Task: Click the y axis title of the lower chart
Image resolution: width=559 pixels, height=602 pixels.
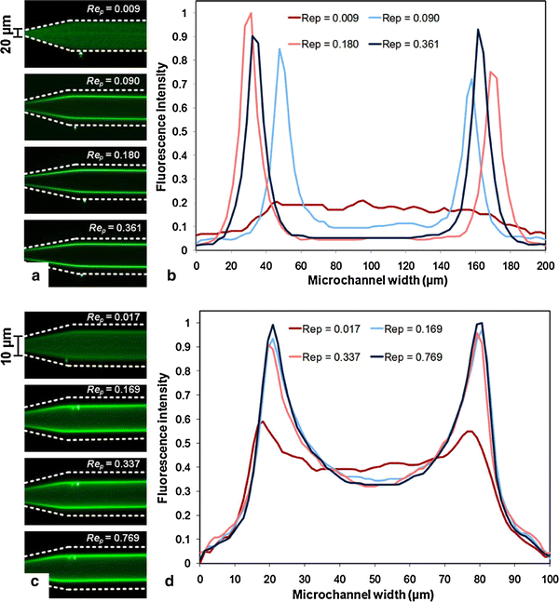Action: pyautogui.click(x=166, y=439)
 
